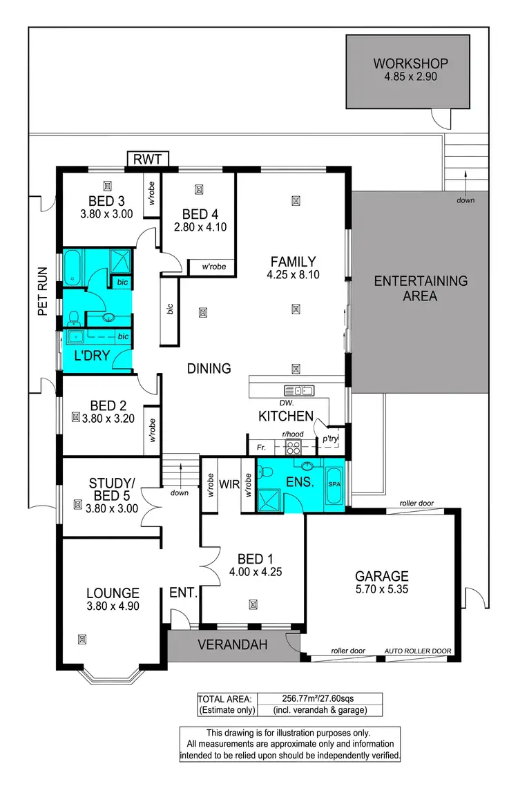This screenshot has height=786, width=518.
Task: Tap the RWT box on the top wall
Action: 147,160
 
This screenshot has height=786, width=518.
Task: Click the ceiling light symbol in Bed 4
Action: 199,189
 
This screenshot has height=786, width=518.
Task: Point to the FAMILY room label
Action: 293,262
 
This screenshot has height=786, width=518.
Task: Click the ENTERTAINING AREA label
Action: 421,289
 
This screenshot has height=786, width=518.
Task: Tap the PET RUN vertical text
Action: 42,291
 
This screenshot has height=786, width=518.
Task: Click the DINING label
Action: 209,369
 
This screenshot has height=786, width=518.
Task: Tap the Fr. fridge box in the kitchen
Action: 258,447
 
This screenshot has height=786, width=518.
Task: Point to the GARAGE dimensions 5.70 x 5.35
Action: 381,591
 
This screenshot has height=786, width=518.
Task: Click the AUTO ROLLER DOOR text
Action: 418,651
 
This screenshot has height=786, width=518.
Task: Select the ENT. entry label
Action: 184,593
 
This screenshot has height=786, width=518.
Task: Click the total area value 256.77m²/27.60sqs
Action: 318,698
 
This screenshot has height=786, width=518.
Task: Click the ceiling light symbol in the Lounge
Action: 83,638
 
